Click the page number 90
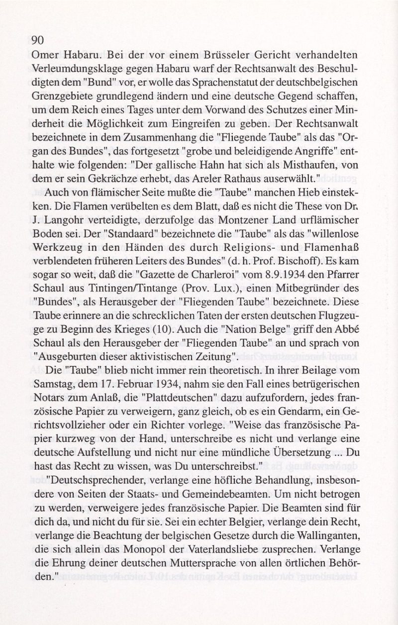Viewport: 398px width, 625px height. point(38,41)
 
